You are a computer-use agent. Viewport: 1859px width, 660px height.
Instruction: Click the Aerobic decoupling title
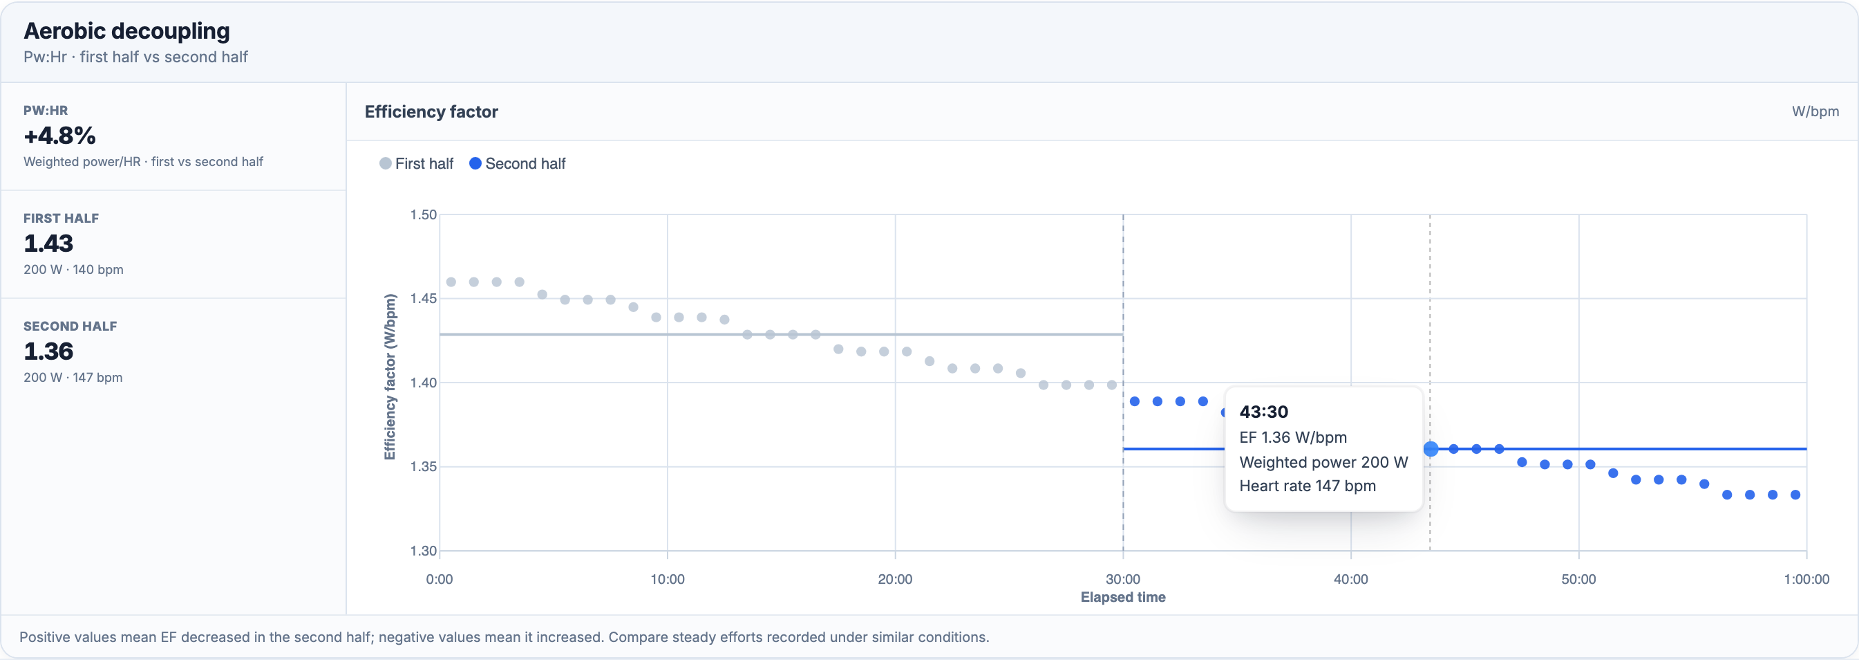point(127,30)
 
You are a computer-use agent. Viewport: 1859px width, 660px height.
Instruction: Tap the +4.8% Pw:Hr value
point(60,135)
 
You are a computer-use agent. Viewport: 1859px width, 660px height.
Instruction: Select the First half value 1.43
point(48,244)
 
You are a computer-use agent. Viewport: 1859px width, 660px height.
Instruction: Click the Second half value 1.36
point(48,351)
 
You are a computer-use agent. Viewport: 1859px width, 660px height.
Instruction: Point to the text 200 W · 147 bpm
point(73,377)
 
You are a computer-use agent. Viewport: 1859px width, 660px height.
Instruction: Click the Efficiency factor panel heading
point(431,111)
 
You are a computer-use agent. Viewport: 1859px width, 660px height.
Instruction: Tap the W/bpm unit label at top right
point(1815,111)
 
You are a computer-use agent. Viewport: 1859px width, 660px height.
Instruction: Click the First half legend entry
point(417,163)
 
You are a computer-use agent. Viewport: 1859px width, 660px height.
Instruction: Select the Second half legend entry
point(518,163)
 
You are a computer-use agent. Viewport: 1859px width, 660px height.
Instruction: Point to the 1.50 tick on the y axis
point(424,214)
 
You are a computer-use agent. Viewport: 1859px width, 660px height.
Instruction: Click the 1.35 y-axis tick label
point(424,466)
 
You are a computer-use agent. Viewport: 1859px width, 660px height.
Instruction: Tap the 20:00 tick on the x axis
point(895,579)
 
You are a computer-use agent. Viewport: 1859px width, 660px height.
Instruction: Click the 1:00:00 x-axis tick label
point(1806,579)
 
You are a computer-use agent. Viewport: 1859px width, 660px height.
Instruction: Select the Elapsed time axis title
point(1123,597)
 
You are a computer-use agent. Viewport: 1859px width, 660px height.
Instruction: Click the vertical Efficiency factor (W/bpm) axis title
point(390,376)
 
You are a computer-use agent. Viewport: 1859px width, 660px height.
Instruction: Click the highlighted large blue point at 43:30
point(1431,449)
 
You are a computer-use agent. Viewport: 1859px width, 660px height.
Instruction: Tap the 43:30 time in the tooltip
point(1263,412)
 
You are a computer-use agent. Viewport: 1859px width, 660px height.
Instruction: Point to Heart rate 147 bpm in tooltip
point(1308,486)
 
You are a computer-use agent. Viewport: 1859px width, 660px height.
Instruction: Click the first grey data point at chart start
point(451,282)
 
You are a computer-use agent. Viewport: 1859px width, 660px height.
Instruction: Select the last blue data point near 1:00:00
point(1795,495)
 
